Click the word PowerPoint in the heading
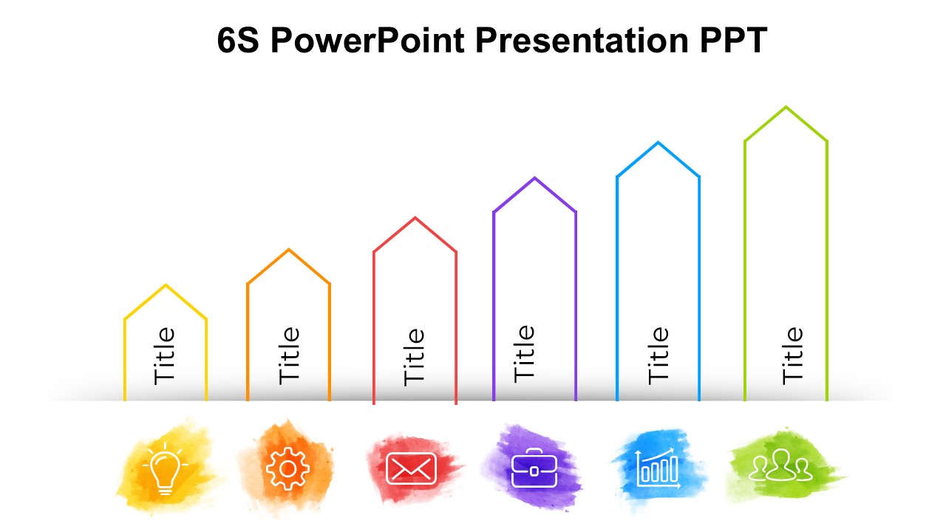[367, 40]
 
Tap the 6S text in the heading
[238, 40]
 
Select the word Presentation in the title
[582, 40]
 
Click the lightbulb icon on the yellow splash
[165, 468]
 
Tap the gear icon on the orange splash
[287, 468]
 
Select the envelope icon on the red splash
[411, 468]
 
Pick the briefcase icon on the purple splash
[534, 468]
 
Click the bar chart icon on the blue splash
[658, 468]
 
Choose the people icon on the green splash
[780, 465]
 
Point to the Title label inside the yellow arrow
[164, 356]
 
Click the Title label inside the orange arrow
[289, 355]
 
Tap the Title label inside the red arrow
[413, 357]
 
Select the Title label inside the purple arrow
[524, 354]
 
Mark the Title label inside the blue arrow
[658, 355]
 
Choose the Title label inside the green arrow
[792, 355]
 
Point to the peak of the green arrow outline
[786, 107]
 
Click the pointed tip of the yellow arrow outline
[166, 285]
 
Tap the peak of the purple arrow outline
[534, 178]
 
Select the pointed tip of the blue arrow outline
[658, 143]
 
